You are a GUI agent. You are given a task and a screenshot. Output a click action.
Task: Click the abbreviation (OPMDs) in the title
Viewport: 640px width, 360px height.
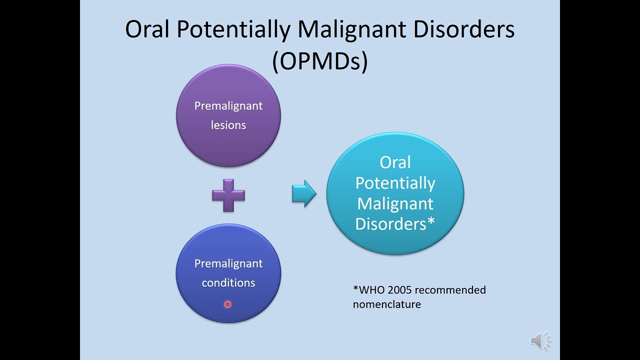(x=320, y=61)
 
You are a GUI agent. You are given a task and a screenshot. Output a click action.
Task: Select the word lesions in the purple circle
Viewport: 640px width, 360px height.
(x=228, y=125)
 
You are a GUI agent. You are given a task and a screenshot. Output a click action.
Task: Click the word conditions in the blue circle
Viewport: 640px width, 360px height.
(x=228, y=282)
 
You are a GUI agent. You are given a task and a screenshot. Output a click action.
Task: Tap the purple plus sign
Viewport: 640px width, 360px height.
(x=228, y=194)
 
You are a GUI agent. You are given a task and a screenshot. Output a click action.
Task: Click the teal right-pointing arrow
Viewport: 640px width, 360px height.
(x=304, y=193)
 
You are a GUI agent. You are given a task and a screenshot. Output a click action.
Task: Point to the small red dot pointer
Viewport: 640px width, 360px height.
(x=227, y=304)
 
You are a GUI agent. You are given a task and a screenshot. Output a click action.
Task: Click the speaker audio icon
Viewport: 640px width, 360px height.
(x=540, y=341)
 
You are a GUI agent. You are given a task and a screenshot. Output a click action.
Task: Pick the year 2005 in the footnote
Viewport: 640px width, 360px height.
(x=400, y=290)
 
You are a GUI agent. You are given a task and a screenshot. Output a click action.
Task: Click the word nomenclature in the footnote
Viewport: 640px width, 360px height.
(x=386, y=304)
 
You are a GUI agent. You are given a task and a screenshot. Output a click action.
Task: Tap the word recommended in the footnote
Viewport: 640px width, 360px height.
(x=450, y=290)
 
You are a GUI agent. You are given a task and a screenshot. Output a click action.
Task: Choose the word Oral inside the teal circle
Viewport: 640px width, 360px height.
(x=395, y=162)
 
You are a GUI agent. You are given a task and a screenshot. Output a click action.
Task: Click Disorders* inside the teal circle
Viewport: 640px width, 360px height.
(x=395, y=223)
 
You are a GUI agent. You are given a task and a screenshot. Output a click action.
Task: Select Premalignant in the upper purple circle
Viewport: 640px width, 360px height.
(x=228, y=106)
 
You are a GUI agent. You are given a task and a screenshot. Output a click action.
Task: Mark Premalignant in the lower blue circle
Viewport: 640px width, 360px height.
(x=228, y=263)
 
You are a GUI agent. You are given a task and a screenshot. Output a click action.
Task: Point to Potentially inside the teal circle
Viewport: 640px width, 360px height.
(x=395, y=183)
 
